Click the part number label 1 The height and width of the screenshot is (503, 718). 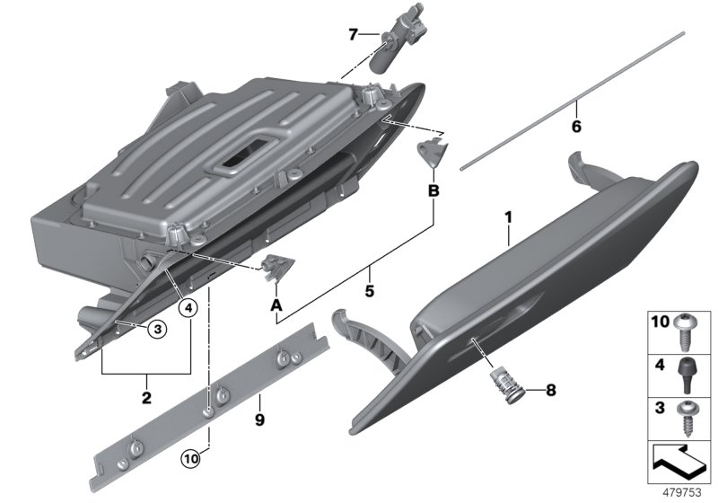coord(508,217)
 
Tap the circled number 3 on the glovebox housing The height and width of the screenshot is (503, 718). coord(156,330)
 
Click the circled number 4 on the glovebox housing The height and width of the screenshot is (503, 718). coord(188,307)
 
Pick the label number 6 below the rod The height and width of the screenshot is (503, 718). coord(576,128)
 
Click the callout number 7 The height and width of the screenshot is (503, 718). coord(354,35)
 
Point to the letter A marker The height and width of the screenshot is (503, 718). coord(276,305)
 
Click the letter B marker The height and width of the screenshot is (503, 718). coord(433,190)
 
